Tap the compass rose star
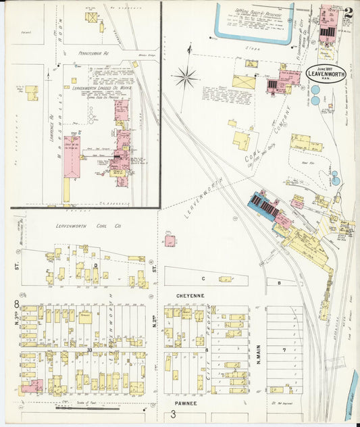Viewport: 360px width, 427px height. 184,76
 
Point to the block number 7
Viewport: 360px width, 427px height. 284,350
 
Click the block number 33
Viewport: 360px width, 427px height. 89,350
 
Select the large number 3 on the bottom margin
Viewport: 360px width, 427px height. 174,414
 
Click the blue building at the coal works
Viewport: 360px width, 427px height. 263,205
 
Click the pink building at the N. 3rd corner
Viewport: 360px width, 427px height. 32,386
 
